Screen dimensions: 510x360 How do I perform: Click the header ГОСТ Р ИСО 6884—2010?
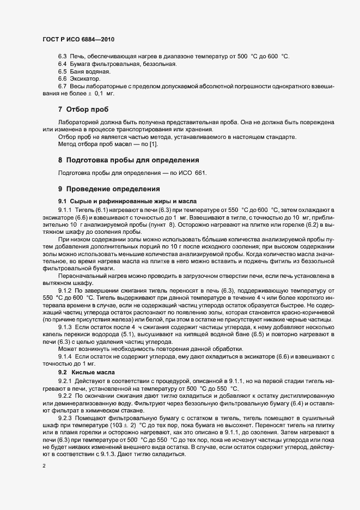pos(78,40)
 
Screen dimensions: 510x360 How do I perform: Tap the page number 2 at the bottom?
pos(44,465)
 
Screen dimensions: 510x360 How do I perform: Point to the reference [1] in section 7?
pos(154,144)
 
